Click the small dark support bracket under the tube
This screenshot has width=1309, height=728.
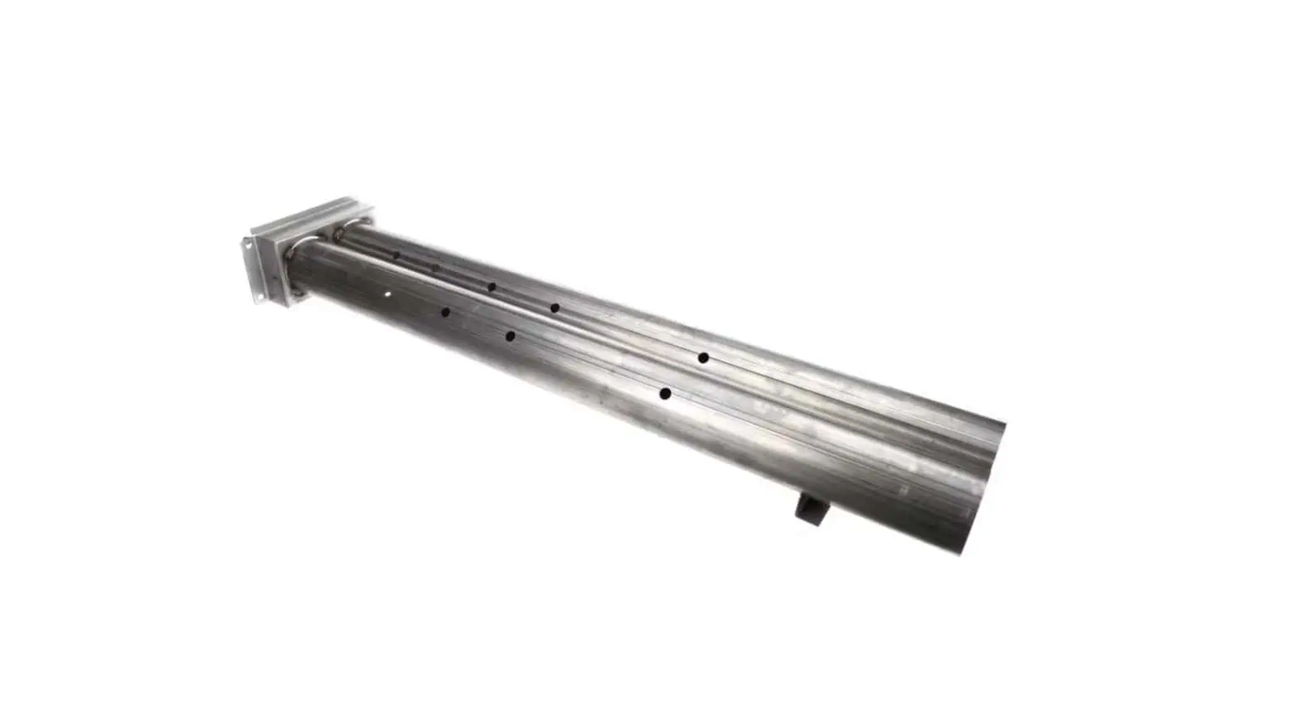point(808,507)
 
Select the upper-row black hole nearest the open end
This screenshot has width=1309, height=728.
point(702,357)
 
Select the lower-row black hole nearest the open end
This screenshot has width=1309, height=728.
point(664,393)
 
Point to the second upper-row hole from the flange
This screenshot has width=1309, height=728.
point(434,267)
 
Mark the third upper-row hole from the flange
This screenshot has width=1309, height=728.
point(491,287)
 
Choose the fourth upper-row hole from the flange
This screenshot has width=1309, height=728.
point(555,308)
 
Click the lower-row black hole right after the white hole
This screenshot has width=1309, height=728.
point(445,313)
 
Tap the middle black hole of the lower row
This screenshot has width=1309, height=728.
point(510,336)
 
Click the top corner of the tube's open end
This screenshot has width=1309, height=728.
point(1004,425)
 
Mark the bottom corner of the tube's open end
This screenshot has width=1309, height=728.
point(962,553)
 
